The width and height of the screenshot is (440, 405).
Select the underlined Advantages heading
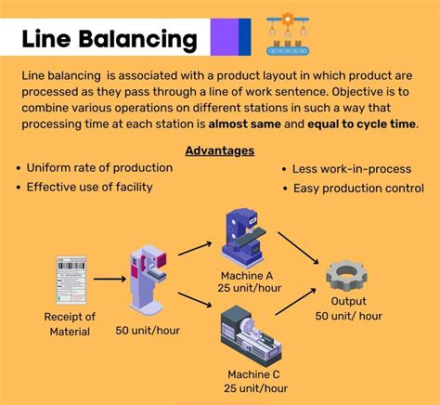(220, 150)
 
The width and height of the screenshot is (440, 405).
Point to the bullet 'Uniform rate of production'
(99, 168)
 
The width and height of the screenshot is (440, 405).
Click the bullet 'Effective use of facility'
(89, 187)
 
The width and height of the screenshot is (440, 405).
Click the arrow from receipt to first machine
(110, 278)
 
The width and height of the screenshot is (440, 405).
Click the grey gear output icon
(348, 275)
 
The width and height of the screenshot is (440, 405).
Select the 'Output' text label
(348, 301)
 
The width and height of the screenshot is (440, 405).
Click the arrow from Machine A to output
(298, 249)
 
